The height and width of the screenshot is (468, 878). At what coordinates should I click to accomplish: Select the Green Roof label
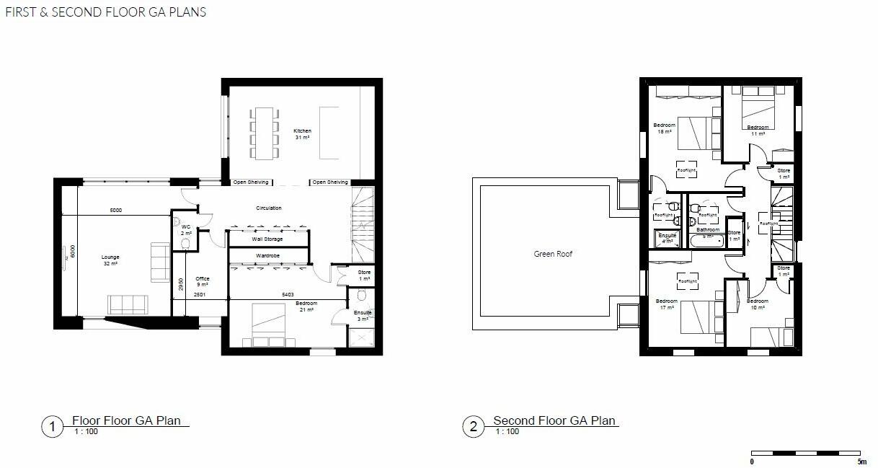tap(552, 254)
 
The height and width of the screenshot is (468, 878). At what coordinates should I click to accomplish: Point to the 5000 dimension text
tap(115, 210)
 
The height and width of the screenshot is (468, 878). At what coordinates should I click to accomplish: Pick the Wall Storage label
tap(267, 239)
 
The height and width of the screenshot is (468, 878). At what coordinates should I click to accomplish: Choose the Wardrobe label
tap(267, 256)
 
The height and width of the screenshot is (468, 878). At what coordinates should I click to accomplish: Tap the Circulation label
tap(269, 208)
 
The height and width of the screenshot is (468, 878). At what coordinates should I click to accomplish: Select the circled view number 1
tap(52, 427)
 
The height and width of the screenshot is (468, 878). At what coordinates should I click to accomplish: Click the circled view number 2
tap(473, 427)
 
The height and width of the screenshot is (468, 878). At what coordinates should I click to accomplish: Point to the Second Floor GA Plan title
tap(554, 421)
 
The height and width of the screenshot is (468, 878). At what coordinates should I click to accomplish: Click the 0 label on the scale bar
tap(752, 462)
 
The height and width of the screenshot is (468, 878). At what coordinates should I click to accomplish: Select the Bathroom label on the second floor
tap(707, 230)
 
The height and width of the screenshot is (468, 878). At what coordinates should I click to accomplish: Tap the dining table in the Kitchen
tap(264, 133)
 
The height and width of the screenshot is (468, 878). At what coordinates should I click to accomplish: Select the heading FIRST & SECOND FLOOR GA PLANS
tap(105, 12)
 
